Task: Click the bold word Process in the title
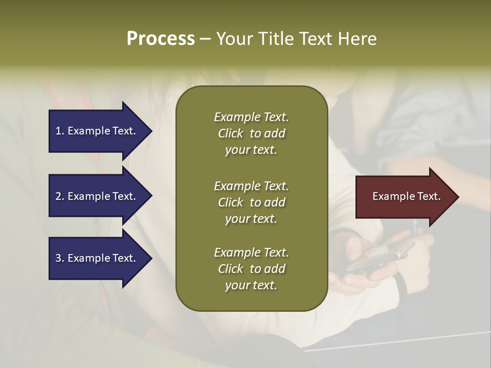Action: (161, 39)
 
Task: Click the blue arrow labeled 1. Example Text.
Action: (97, 131)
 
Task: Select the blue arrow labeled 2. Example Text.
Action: (97, 196)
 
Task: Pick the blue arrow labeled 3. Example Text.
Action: (97, 258)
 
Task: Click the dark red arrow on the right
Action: (404, 196)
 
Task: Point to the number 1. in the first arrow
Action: (60, 131)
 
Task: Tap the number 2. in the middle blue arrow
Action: (60, 196)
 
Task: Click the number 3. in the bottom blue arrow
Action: (60, 258)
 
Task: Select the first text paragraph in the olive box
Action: (251, 133)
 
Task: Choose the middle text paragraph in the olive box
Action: (251, 202)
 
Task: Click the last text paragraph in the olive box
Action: (251, 269)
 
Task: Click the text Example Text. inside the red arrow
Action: (406, 196)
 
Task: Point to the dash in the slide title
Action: (205, 39)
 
